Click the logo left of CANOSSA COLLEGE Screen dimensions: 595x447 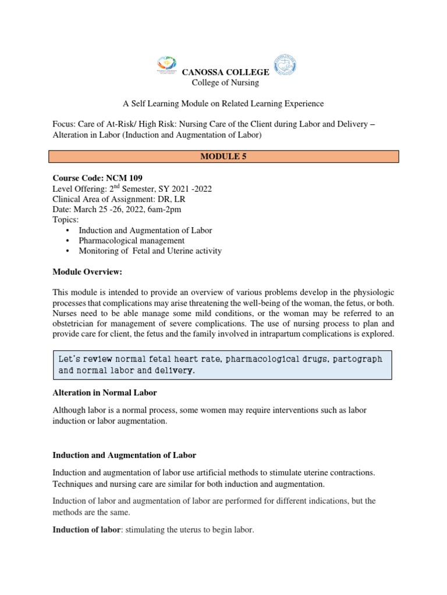pyautogui.click(x=167, y=66)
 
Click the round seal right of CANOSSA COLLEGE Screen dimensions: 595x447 pyautogui.click(x=285, y=66)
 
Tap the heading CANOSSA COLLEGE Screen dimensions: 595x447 pyautogui.click(x=226, y=72)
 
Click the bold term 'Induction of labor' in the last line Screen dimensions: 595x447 pyautogui.click(x=85, y=530)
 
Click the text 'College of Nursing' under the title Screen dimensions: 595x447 pyautogui.click(x=225, y=83)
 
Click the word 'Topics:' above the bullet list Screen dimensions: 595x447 pyautogui.click(x=66, y=220)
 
